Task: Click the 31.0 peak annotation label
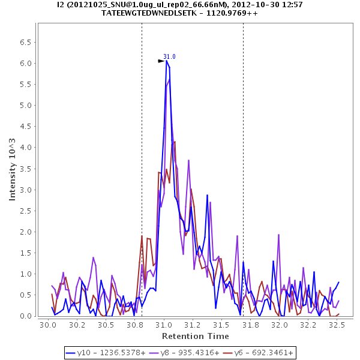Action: [169, 56]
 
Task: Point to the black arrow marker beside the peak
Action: [161, 61]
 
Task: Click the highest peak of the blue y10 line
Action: [167, 61]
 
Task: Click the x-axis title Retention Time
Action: [194, 337]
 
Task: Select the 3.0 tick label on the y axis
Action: [26, 190]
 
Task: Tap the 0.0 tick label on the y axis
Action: [26, 316]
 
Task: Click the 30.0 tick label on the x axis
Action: [47, 325]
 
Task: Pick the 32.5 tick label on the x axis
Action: [338, 325]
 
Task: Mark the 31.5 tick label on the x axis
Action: [222, 325]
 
